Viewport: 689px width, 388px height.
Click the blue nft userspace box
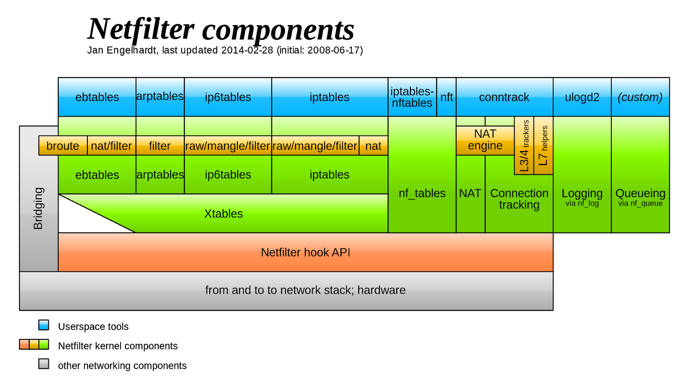click(446, 97)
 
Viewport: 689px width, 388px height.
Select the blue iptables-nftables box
click(412, 97)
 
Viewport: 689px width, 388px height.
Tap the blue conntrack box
click(504, 97)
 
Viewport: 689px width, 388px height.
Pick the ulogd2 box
click(582, 97)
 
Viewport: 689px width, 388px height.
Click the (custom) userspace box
click(640, 97)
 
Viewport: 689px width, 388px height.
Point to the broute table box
click(63, 146)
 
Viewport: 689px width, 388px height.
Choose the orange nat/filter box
click(112, 146)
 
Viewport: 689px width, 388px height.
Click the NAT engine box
click(485, 140)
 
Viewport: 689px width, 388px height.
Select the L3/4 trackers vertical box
click(524, 146)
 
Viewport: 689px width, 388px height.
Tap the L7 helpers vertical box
click(543, 146)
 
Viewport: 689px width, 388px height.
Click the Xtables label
click(223, 214)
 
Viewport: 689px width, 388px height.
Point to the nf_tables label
click(422, 194)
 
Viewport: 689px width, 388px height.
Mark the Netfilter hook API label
click(305, 253)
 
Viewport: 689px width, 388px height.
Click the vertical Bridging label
click(38, 208)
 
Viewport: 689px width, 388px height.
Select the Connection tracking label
click(519, 199)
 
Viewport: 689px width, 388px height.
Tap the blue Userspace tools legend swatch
click(43, 325)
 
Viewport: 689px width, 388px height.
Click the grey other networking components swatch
click(43, 364)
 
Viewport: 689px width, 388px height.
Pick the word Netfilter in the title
click(141, 30)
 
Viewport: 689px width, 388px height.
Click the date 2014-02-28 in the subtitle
click(247, 50)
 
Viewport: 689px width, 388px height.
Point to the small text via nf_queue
click(640, 203)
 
